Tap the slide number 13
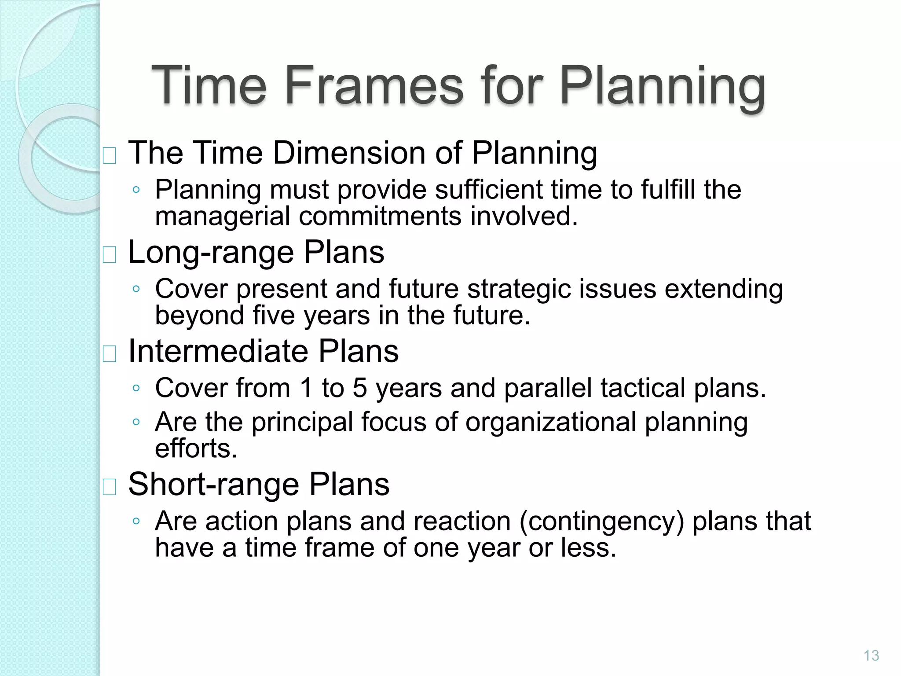point(871,656)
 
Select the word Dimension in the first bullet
point(350,153)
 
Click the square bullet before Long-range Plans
point(109,254)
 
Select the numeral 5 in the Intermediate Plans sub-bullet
point(359,388)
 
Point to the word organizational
point(550,422)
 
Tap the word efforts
point(196,448)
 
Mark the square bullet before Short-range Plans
point(109,487)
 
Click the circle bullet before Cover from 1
point(136,388)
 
